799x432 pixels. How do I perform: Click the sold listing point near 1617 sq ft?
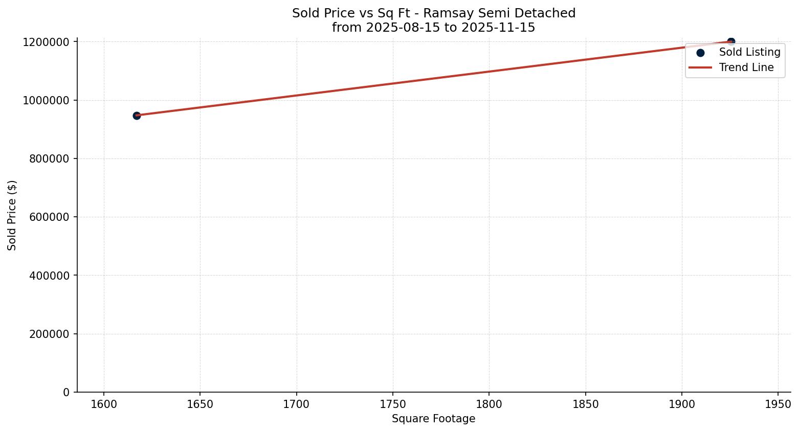point(137,116)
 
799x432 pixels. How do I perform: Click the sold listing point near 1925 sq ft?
point(731,41)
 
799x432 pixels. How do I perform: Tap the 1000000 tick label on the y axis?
point(46,100)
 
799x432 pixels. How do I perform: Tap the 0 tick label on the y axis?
point(66,392)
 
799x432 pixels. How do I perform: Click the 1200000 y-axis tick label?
point(46,42)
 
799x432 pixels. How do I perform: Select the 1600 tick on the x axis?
point(104,404)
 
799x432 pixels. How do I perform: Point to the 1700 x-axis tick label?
point(296,404)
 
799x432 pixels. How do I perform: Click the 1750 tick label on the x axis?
point(392,404)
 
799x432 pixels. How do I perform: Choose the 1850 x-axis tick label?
point(585,404)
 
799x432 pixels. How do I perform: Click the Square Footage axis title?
point(433,419)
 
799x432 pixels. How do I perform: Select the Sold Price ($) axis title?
point(12,215)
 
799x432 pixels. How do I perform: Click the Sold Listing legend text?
point(749,52)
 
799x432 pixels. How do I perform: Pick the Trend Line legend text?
point(746,67)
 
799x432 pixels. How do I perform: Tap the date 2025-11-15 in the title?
point(498,28)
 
